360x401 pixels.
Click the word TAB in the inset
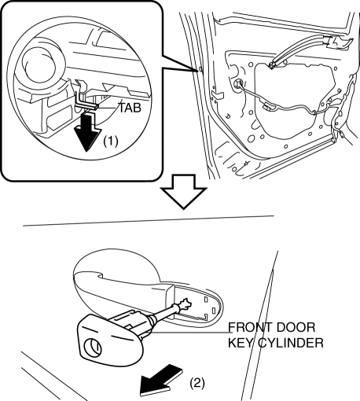click(x=130, y=108)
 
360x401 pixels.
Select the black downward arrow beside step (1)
click(x=87, y=131)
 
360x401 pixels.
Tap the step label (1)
click(x=110, y=142)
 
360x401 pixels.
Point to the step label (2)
click(x=197, y=384)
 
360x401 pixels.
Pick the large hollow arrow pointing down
click(x=184, y=192)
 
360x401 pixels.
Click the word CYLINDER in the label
click(x=291, y=343)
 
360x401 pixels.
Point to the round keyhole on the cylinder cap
click(x=93, y=347)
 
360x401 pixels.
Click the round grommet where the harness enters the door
click(x=238, y=84)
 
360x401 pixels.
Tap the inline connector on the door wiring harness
click(x=268, y=106)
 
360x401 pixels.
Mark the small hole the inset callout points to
click(x=200, y=68)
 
